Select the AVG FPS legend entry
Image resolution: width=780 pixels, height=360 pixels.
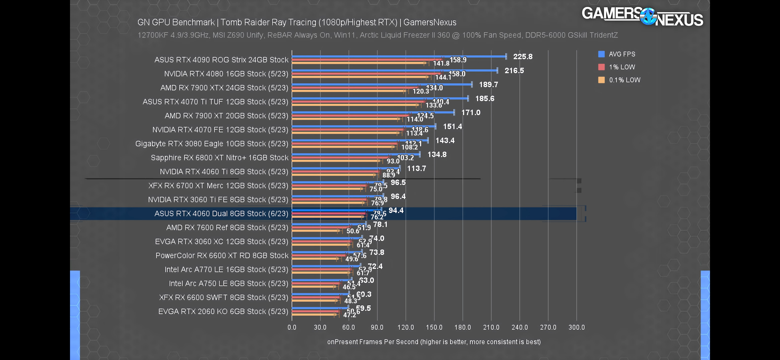click(622, 54)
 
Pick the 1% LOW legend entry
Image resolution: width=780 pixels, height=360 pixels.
click(622, 67)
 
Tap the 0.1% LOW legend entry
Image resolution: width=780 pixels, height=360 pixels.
click(624, 80)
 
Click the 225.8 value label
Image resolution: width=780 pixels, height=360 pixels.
click(522, 56)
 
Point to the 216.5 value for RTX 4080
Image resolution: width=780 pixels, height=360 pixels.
click(514, 70)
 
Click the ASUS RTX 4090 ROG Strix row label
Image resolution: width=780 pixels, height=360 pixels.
click(221, 60)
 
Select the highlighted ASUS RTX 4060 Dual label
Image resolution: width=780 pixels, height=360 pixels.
click(221, 213)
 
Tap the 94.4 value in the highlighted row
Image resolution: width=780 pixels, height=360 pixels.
click(396, 210)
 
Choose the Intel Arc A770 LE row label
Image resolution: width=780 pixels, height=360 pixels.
click(226, 269)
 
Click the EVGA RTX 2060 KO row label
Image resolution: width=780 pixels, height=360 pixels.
click(223, 311)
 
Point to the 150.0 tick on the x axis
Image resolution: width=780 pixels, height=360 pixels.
click(434, 327)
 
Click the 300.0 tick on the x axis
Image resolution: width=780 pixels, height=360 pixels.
click(576, 327)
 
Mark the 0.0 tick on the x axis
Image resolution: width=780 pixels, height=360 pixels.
click(292, 327)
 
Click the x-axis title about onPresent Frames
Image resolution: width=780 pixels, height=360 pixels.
click(433, 342)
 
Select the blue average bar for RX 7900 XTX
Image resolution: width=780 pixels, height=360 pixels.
click(381, 84)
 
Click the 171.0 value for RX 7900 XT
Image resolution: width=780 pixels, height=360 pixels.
click(471, 113)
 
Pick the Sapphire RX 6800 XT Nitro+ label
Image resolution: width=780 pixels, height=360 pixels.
click(219, 157)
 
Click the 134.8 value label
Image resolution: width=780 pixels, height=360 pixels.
click(437, 154)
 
